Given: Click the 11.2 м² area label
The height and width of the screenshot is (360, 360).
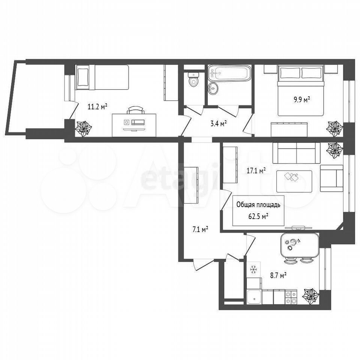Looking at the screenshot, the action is (97, 106).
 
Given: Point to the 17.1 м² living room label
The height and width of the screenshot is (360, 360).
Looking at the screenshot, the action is (256, 171).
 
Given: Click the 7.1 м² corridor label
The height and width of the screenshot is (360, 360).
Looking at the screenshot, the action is (200, 229).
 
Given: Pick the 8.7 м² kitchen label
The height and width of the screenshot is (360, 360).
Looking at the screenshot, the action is (278, 275).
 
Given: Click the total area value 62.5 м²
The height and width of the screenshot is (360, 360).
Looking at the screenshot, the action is (258, 216).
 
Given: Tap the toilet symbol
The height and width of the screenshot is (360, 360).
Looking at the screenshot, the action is (193, 79).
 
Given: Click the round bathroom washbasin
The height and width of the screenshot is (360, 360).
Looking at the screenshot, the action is (213, 88).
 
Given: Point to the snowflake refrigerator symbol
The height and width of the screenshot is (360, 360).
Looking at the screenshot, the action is (253, 269).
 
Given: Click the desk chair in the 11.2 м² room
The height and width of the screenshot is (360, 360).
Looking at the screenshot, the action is (136, 110).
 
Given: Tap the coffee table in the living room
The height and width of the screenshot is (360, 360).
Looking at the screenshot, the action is (294, 181).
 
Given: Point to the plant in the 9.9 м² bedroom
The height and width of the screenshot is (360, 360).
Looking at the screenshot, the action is (335, 129).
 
